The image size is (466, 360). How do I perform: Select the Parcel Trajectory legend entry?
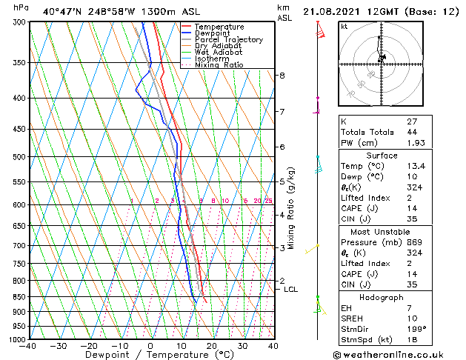[x=228, y=40]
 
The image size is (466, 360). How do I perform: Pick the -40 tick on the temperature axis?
[x=28, y=346]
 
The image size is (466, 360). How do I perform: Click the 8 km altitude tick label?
[x=282, y=76]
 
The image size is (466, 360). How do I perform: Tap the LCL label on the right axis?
[x=290, y=289]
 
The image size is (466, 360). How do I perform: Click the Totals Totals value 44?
[x=412, y=132]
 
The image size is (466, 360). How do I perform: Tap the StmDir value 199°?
[x=417, y=328]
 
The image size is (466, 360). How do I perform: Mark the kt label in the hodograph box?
[x=344, y=27]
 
